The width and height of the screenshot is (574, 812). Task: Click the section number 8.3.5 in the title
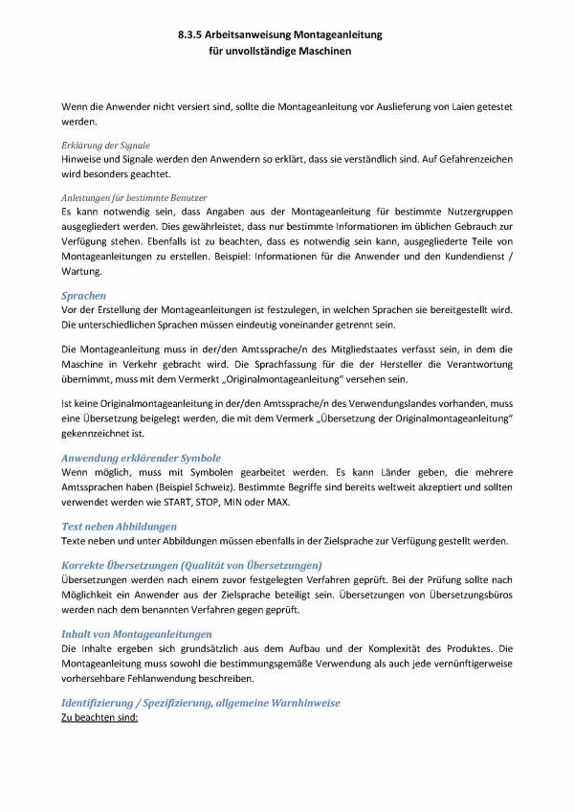[x=190, y=34]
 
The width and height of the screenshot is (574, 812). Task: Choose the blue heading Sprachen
[x=83, y=297]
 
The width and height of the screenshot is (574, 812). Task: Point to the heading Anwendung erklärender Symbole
[x=141, y=459]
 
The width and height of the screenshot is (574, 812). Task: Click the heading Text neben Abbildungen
[x=119, y=527]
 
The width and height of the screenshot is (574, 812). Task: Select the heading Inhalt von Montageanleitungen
[x=137, y=634]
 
